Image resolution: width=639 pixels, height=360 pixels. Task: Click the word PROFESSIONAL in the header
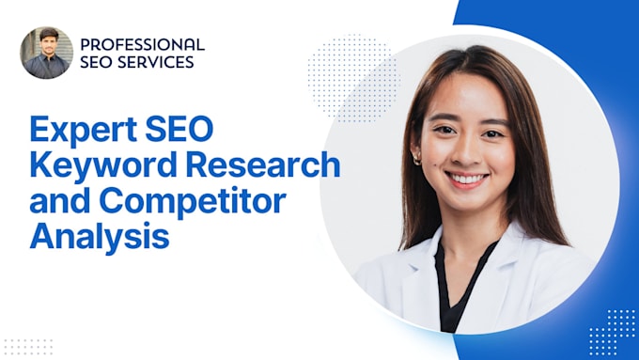[142, 44]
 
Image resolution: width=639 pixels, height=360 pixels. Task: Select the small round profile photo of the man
[46, 53]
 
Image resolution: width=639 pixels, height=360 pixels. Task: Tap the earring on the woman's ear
[417, 159]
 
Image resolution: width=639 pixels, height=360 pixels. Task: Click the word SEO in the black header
[97, 62]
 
